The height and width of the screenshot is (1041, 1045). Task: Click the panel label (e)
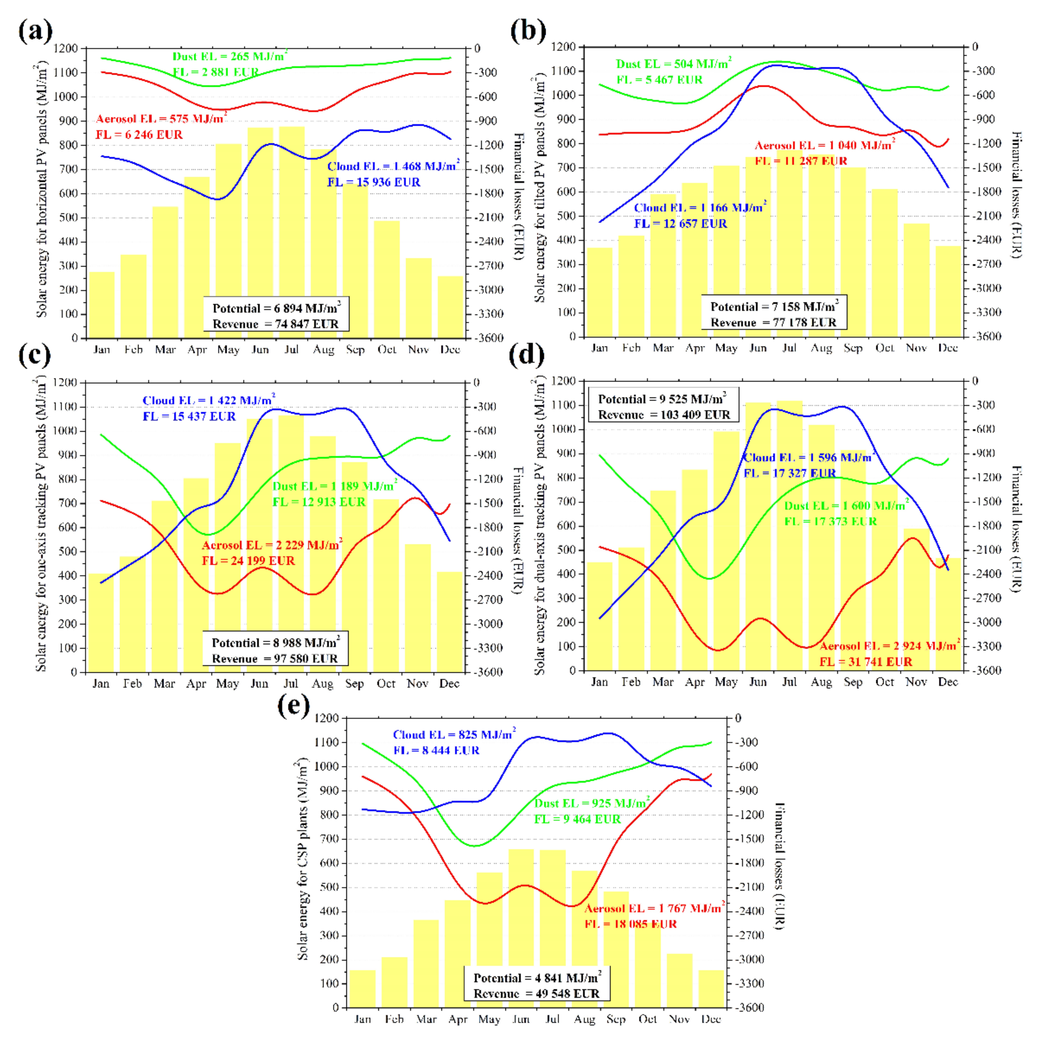coord(294,705)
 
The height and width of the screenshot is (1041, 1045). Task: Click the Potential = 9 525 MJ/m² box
coord(663,407)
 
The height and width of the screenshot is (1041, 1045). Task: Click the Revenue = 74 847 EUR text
coord(275,324)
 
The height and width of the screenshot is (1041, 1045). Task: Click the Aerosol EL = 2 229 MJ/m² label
coord(272,544)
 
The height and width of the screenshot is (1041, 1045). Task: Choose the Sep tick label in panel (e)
coord(616,1019)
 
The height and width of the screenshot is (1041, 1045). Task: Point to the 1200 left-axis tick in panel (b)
coord(563,47)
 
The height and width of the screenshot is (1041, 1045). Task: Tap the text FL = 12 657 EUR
coord(680,223)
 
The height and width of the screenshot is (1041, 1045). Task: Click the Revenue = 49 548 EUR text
coord(536,993)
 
